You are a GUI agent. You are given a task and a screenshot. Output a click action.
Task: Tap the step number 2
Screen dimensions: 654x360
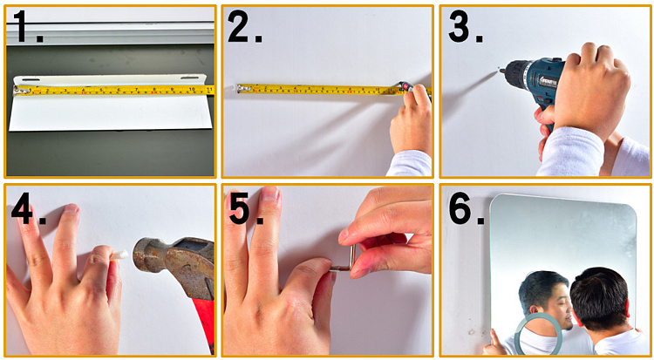click(x=244, y=26)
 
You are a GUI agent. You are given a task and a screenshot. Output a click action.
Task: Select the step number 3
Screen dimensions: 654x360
click(x=465, y=26)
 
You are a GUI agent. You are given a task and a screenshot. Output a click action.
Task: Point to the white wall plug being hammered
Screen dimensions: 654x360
click(x=118, y=255)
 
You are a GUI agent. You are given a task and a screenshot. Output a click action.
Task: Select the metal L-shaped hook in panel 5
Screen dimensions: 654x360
click(x=346, y=261)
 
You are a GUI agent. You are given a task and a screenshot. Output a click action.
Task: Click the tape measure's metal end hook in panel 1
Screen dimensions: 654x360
click(x=18, y=90)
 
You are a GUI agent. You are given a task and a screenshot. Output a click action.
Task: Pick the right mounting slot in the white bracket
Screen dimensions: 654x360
click(x=190, y=78)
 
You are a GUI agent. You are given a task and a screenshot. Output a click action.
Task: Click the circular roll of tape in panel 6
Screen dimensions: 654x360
click(x=539, y=334)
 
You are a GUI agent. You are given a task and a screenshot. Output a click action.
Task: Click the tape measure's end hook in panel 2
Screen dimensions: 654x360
click(x=241, y=88)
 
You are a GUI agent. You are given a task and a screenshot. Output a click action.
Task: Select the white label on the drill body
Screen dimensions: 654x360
click(x=548, y=80)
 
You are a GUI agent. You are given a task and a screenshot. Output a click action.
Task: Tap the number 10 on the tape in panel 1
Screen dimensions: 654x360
click(x=192, y=89)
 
